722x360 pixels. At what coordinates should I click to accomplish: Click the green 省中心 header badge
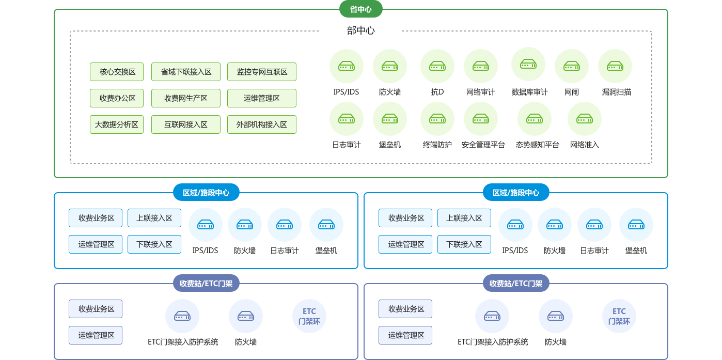360,9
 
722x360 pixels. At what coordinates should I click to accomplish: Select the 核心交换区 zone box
117,72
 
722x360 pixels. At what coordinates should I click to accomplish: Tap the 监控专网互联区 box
262,72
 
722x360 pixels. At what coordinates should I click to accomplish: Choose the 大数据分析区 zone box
117,124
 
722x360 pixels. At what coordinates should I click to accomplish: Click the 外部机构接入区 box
262,124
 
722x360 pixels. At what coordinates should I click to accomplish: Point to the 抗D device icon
437,66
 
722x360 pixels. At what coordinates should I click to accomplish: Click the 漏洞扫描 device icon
615,66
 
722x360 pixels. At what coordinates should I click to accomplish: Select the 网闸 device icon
572,66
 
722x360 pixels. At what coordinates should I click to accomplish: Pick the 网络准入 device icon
585,119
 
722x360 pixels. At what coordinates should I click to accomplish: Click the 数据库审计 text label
529,92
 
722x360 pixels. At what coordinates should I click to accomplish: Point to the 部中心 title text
360,30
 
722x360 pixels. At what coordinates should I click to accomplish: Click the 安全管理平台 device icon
481,119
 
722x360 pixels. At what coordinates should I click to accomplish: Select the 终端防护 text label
437,145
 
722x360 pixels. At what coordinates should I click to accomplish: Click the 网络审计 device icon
481,66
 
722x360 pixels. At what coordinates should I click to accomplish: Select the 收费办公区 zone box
117,98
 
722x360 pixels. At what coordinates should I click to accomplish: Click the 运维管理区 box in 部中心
262,98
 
